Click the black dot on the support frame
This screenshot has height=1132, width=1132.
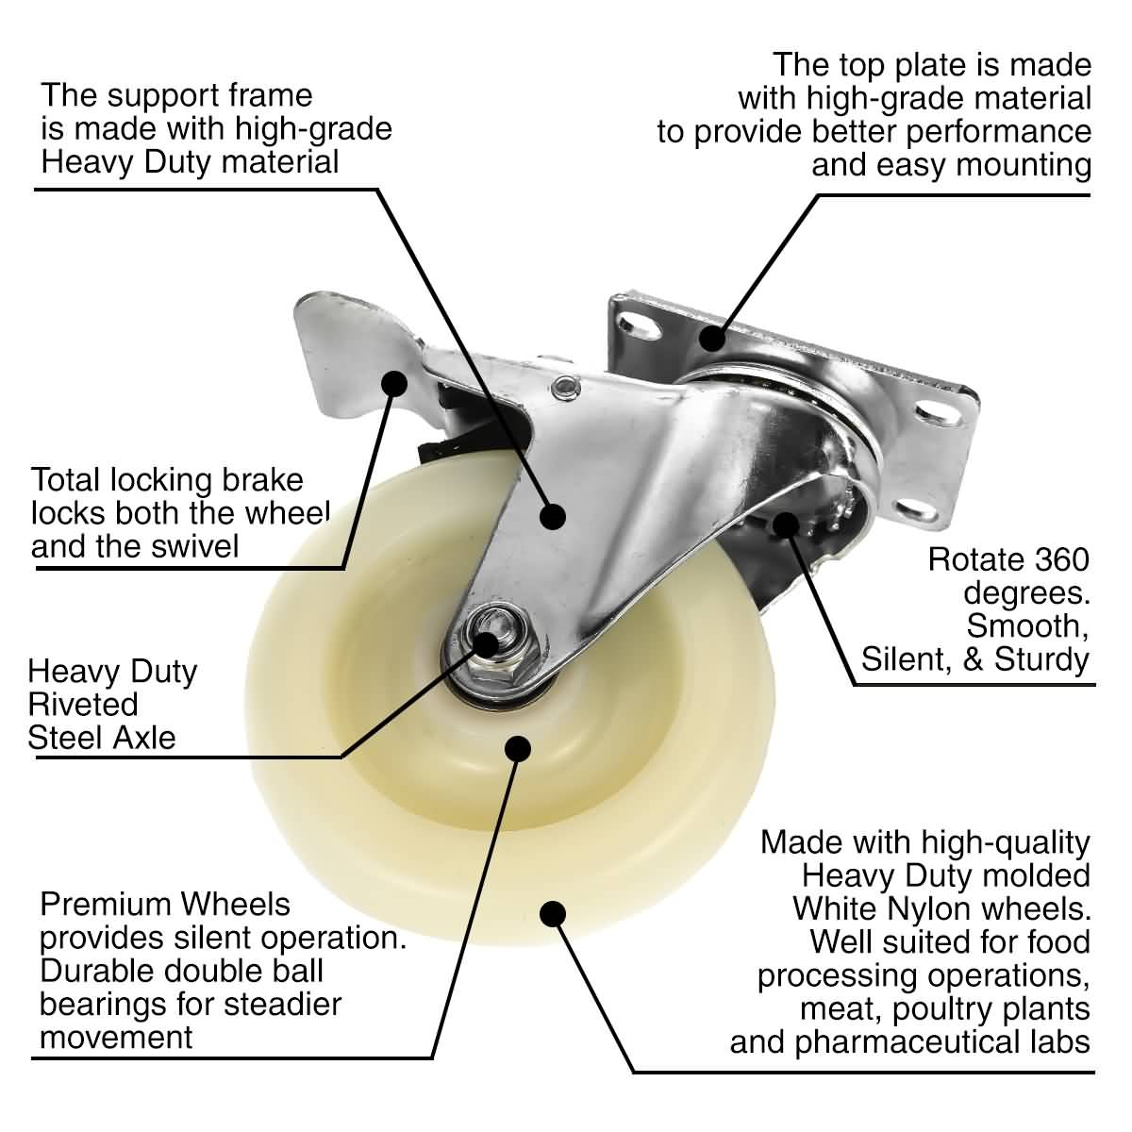point(552,514)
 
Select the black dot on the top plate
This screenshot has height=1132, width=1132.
point(712,336)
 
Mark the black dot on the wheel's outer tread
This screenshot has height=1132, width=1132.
point(552,913)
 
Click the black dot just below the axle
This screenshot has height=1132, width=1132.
point(516,747)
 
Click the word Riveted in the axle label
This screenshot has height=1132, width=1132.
point(83,704)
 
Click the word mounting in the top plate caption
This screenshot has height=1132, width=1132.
point(1021,165)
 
